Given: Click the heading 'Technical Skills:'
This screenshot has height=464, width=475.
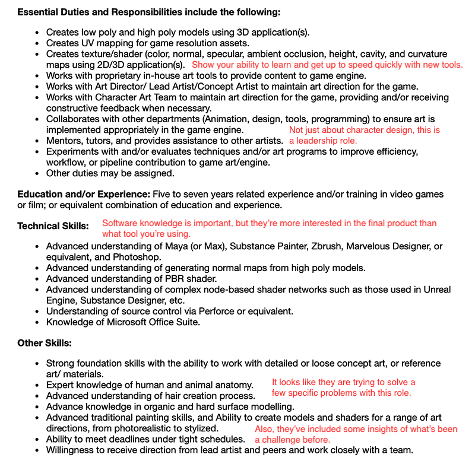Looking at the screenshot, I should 53,226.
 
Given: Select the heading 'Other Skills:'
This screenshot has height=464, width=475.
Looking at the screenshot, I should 45,343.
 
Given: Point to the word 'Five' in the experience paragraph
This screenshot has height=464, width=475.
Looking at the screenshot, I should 163,195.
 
